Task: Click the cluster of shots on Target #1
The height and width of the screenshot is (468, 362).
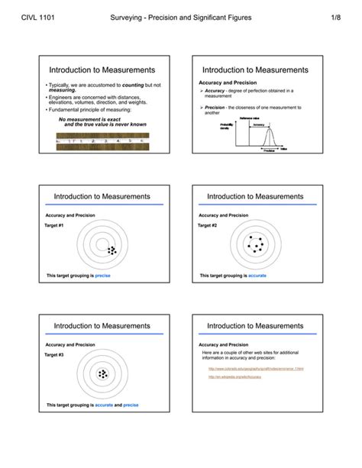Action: [x=112, y=250]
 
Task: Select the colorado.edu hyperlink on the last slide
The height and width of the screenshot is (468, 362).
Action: [x=256, y=369]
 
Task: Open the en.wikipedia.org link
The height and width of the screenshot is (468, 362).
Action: [x=232, y=378]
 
